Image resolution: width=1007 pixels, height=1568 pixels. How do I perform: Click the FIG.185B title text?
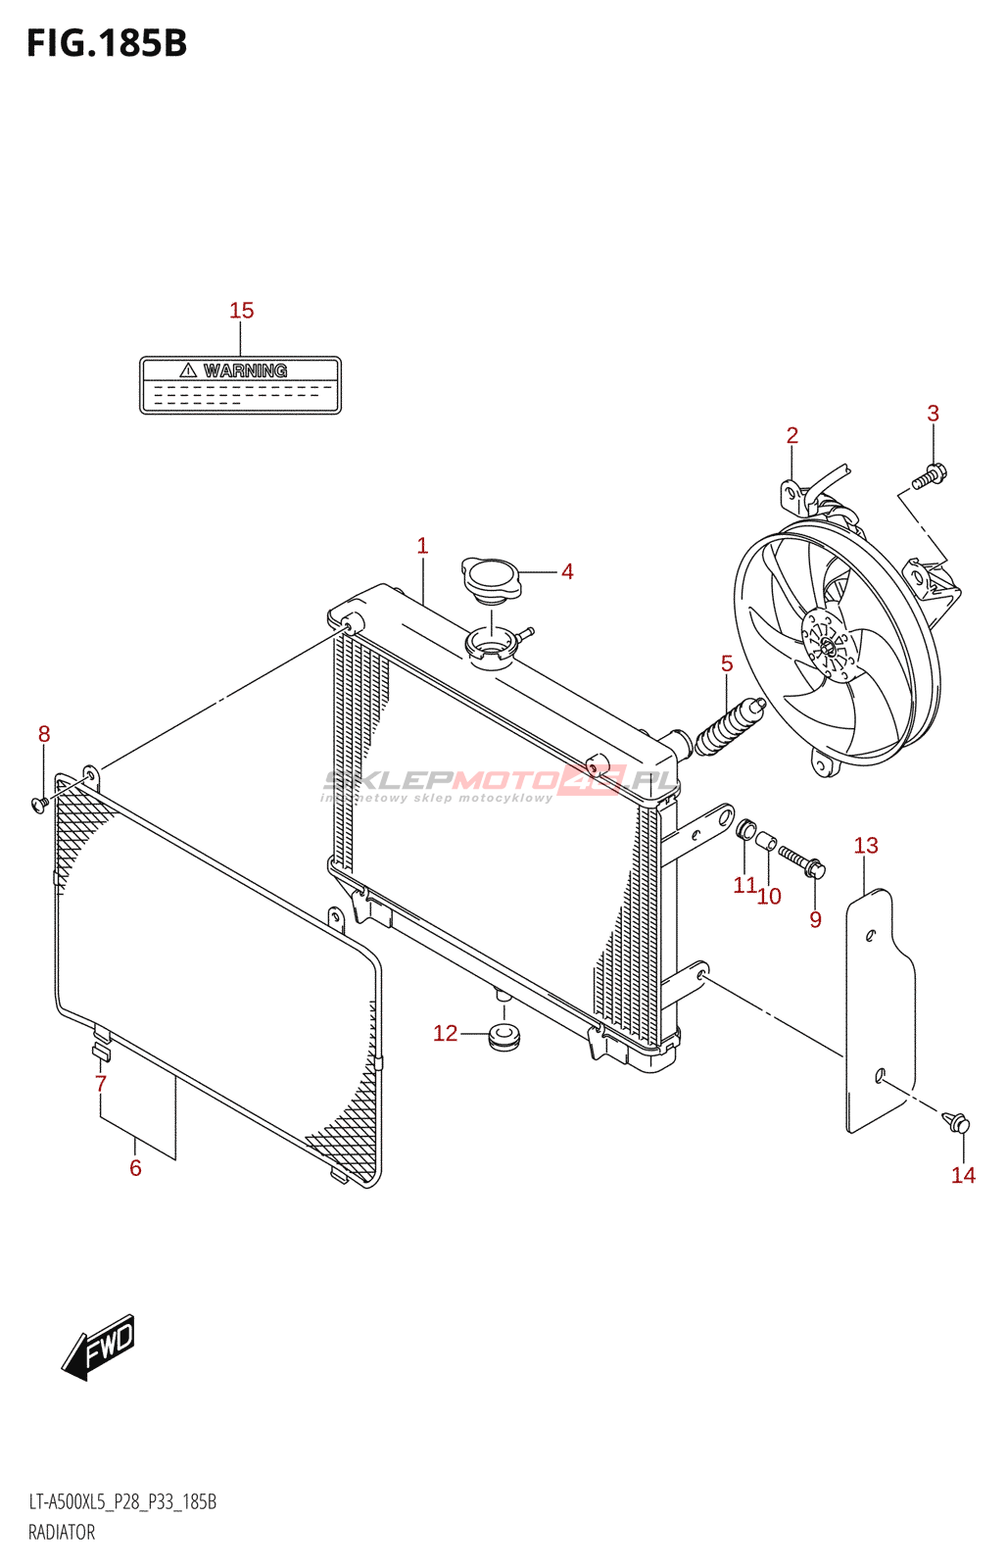click(x=107, y=44)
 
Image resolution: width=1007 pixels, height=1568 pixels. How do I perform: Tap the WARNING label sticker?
click(x=240, y=385)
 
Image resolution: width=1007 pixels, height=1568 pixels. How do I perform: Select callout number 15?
click(x=241, y=311)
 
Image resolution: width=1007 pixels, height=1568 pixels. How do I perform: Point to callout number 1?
click(x=422, y=546)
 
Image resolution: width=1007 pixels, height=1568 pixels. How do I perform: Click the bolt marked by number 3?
click(x=928, y=478)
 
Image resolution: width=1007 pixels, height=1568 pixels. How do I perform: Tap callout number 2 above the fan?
click(x=791, y=435)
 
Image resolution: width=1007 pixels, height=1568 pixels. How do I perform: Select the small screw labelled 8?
click(x=39, y=805)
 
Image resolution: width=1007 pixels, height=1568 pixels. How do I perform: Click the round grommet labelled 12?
click(x=504, y=1035)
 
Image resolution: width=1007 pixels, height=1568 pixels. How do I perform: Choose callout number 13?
click(x=866, y=846)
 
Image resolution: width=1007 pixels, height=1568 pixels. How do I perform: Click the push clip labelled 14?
click(x=957, y=1122)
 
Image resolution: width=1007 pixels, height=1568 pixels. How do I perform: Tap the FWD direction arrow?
click(x=99, y=1347)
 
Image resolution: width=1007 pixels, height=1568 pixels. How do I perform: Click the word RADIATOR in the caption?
click(x=62, y=1533)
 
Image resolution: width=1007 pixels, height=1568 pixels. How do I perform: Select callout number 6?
click(x=135, y=1168)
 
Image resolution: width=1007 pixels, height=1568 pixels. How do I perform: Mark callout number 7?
click(x=100, y=1084)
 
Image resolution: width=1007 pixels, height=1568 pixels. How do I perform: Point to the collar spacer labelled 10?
click(x=767, y=842)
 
